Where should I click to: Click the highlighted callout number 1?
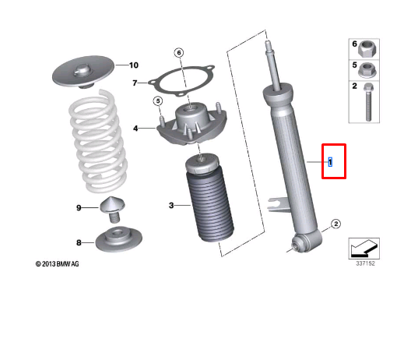(330, 162)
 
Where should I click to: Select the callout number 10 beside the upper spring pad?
(133, 65)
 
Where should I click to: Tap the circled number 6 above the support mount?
(178, 53)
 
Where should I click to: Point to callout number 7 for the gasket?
(135, 82)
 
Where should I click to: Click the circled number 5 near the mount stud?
(157, 101)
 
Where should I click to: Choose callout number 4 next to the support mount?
(135, 129)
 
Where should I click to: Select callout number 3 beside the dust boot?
(171, 206)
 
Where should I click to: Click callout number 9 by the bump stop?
(79, 207)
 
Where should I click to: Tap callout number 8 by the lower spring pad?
(79, 243)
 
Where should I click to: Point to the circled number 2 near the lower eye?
(335, 224)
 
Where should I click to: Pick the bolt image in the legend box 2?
(367, 101)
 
